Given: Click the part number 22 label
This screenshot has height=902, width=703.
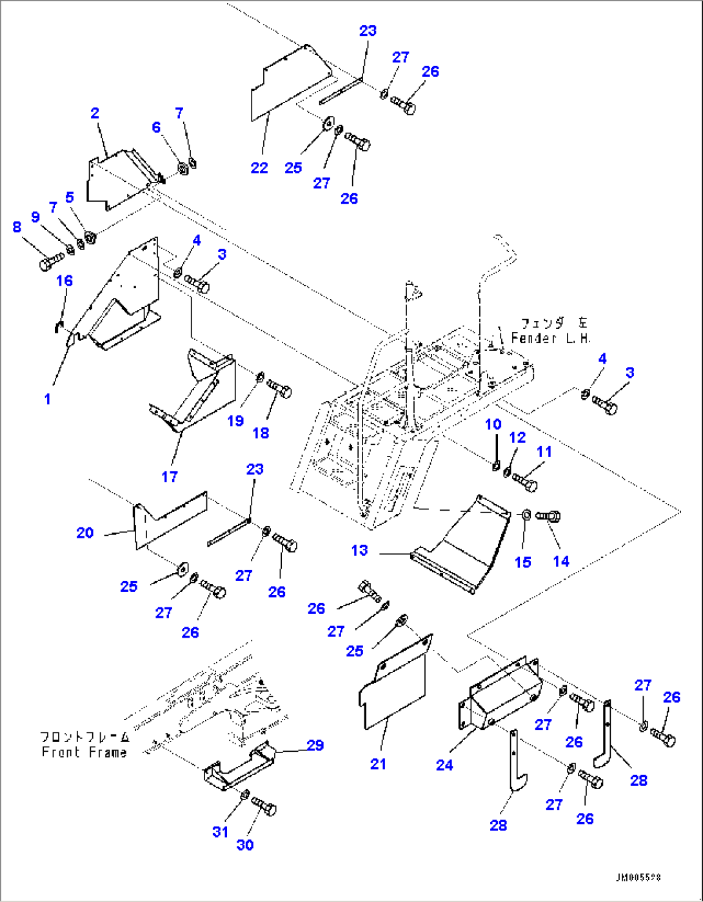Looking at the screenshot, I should tap(259, 168).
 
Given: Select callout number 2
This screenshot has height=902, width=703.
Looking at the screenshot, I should tap(95, 113).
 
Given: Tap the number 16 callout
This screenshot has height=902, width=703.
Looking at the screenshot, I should tap(64, 280).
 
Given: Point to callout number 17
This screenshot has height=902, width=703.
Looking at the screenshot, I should tap(169, 476).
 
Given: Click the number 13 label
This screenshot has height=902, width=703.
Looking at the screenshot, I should tap(359, 550).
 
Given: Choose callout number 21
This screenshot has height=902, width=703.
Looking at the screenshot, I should tap(378, 764).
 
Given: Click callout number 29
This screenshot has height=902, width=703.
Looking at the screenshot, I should tap(315, 745).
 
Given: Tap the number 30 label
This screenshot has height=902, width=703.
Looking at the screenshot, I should tap(245, 845).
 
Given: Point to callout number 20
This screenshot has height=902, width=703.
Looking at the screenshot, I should tap(85, 533).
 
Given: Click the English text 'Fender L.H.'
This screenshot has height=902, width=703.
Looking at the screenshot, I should tap(550, 338).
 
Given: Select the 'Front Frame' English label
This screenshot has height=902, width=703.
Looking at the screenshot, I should tap(84, 752).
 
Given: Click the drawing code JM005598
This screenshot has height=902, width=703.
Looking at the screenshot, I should tap(637, 878).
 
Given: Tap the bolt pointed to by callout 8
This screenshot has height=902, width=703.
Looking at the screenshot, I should tap(50, 262).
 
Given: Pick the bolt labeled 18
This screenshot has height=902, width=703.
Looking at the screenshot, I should tap(279, 389).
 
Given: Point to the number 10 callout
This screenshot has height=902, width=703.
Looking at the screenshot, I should tap(493, 424).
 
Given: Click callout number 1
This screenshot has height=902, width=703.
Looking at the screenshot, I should tap(47, 399).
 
